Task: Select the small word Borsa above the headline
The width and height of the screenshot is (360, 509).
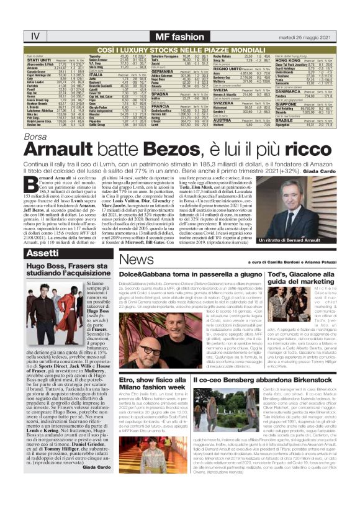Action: point(35,135)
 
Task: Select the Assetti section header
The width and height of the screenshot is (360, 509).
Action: point(43,253)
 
